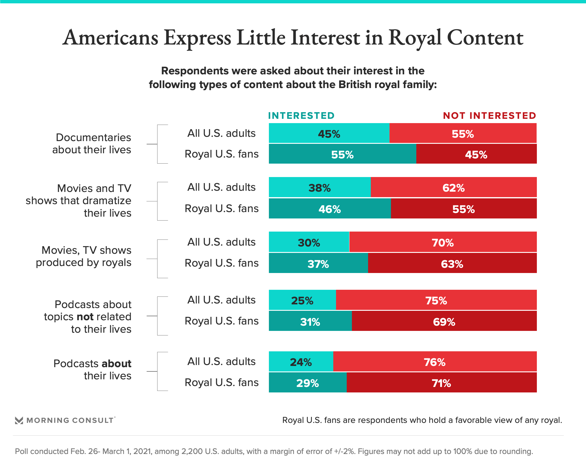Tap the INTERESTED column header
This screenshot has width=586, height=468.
click(301, 116)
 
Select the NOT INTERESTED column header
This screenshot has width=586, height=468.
click(490, 116)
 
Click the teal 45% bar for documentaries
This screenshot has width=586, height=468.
click(329, 133)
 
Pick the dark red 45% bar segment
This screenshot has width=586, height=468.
click(476, 154)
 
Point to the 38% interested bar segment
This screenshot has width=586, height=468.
click(320, 187)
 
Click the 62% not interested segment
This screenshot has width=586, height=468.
click(454, 187)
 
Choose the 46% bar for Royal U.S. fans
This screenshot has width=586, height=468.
click(330, 209)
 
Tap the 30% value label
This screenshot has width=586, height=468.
click(309, 243)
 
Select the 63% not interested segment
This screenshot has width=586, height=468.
click(452, 263)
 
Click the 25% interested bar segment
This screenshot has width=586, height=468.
click(302, 300)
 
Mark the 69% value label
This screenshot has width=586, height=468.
click(444, 322)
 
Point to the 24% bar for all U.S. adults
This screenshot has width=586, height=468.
click(301, 362)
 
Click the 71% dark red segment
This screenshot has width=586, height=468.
click(441, 383)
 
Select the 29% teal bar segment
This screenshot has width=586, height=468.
click(308, 383)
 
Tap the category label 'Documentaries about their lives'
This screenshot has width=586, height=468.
click(92, 144)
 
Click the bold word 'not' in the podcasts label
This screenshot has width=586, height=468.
click(85, 317)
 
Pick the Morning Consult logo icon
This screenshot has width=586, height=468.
click(19, 420)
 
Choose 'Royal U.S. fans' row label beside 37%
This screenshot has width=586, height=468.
click(222, 263)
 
